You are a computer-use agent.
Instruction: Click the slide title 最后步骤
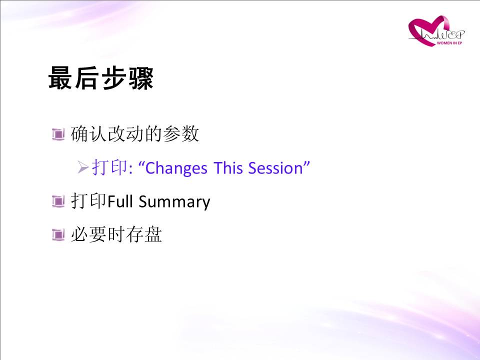(100, 78)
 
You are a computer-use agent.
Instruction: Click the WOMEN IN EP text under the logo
(449, 43)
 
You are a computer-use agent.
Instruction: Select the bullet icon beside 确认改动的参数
(58, 134)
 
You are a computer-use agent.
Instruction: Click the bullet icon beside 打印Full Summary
(58, 201)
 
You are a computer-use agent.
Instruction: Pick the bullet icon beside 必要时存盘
(58, 235)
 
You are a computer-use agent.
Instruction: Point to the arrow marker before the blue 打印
(83, 167)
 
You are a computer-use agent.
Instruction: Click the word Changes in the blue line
(176, 168)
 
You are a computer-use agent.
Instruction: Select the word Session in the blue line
(275, 168)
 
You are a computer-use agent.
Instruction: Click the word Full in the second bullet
(120, 201)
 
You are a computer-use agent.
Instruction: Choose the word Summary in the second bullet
(174, 202)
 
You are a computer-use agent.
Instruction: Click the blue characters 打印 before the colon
(109, 167)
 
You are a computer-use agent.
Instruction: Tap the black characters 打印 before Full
(89, 201)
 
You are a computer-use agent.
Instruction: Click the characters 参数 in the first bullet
(181, 134)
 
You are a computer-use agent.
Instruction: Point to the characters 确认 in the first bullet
(89, 134)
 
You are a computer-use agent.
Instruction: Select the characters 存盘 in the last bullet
(144, 234)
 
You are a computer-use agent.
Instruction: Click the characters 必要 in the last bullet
(89, 234)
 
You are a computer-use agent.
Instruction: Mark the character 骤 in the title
(141, 78)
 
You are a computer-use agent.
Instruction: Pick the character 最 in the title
(60, 78)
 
